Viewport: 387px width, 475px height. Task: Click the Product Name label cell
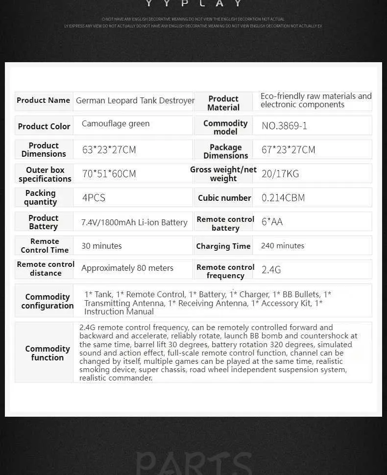click(x=44, y=100)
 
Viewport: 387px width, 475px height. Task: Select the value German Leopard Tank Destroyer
click(x=135, y=100)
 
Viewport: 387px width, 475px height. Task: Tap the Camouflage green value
click(x=116, y=124)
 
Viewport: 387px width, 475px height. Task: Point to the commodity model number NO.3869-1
click(x=284, y=126)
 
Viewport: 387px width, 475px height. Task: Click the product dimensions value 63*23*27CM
click(x=109, y=150)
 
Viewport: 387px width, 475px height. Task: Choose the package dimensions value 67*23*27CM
click(x=288, y=150)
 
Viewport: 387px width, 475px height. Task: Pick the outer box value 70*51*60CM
click(x=109, y=174)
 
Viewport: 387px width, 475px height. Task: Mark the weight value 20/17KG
click(x=280, y=174)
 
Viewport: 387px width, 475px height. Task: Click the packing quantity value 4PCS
click(x=94, y=198)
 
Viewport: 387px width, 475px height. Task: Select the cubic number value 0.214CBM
click(x=283, y=198)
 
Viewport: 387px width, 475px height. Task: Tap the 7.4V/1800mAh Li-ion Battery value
click(x=134, y=222)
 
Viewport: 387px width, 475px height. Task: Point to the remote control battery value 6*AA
click(x=272, y=222)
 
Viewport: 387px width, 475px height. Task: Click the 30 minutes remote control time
click(x=101, y=246)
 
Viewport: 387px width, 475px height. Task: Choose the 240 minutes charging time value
click(x=283, y=245)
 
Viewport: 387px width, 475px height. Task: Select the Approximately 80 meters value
click(x=127, y=268)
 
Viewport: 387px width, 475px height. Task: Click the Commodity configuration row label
click(x=47, y=301)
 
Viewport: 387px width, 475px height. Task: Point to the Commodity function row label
click(x=48, y=353)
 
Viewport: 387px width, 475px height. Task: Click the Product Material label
click(x=223, y=103)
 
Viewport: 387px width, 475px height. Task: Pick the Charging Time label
click(x=223, y=246)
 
